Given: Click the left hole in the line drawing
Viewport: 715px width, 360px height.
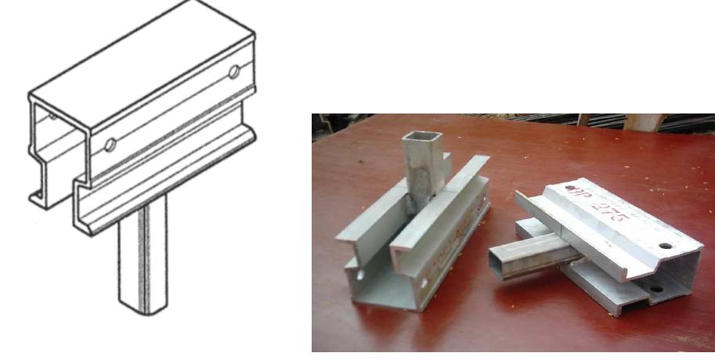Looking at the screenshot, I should pyautogui.click(x=110, y=144).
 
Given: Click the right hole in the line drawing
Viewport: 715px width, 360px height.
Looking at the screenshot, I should pyautogui.click(x=233, y=73).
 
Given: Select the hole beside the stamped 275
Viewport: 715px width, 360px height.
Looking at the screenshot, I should pyautogui.click(x=665, y=246).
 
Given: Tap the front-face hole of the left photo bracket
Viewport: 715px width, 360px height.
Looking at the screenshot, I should pyautogui.click(x=428, y=279).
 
